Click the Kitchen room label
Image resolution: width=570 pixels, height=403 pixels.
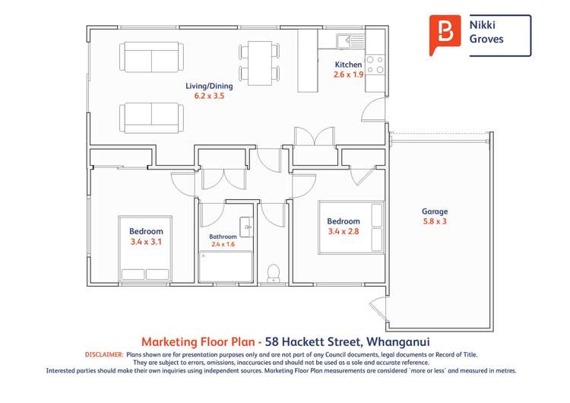tap(348, 65)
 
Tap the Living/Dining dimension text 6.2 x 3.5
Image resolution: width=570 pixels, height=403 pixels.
tap(209, 97)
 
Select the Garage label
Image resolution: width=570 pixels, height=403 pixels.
tap(435, 211)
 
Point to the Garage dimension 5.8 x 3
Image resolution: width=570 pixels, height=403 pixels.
tap(435, 222)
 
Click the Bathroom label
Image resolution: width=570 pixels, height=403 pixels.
tap(223, 236)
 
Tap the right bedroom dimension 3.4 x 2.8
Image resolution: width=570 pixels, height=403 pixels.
tap(343, 232)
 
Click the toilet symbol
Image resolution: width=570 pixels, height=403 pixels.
tap(273, 273)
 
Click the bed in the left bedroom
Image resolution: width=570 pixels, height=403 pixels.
tap(145, 251)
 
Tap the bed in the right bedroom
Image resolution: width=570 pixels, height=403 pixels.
tap(350, 227)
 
